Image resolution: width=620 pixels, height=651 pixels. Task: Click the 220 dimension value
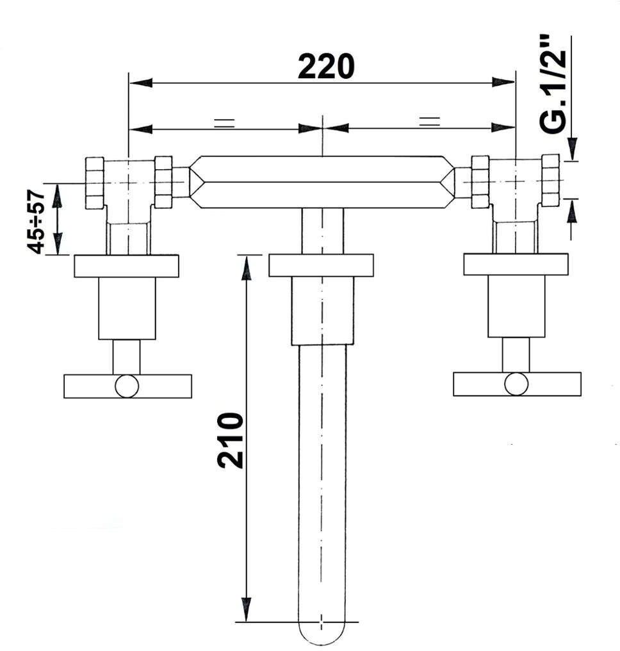(326, 67)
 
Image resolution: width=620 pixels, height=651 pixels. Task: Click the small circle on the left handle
(127, 386)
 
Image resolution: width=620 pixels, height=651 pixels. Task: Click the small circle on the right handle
(517, 384)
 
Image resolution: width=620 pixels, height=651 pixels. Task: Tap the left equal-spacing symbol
(225, 123)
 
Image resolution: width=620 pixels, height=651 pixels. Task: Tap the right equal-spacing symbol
(430, 122)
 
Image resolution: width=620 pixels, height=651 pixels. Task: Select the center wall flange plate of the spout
(321, 265)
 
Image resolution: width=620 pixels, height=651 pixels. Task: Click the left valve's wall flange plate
(127, 266)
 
